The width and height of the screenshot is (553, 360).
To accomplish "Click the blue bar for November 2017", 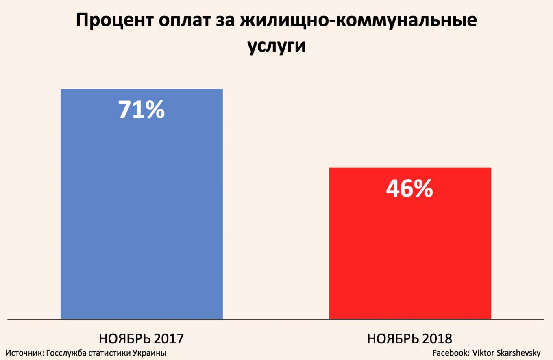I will [142, 211].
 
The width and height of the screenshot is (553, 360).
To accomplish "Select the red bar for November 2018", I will [409, 252].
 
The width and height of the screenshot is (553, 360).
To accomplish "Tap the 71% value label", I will [142, 110].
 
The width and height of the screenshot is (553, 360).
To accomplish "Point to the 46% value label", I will [409, 189].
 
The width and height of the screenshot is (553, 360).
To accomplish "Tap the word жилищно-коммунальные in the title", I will [358, 22].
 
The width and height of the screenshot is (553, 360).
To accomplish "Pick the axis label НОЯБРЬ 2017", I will [142, 338].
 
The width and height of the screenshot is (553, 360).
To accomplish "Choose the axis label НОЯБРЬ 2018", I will [409, 338].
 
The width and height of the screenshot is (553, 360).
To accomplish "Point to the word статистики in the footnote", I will [109, 353].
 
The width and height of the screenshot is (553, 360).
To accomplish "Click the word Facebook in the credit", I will [449, 353].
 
